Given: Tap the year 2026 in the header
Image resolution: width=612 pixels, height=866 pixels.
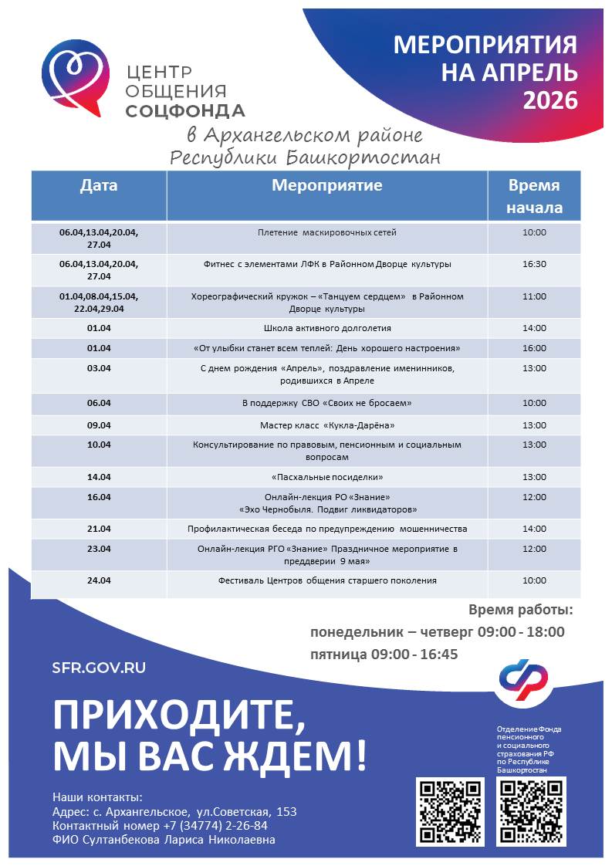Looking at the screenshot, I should point(550,100).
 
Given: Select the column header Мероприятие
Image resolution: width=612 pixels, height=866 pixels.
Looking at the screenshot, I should point(326,186).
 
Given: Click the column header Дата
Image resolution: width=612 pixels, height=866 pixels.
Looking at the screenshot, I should point(99,186).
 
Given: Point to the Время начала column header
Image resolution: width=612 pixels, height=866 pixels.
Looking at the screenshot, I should point(534,197).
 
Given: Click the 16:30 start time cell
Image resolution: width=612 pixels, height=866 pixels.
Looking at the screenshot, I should point(534,264).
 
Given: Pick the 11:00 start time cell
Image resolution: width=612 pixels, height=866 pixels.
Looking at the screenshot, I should point(534,296).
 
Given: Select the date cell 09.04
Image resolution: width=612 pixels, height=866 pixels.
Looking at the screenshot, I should point(99,425).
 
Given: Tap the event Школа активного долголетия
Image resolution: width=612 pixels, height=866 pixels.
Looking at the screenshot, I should point(326,328).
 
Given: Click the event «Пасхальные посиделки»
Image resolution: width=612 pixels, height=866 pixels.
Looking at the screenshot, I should point(326,477).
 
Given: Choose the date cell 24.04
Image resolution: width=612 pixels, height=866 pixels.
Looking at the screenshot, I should point(99,580).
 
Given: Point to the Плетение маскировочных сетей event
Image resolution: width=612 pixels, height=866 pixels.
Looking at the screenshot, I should point(326,232).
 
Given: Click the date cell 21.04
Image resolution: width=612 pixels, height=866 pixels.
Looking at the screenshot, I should point(99,529).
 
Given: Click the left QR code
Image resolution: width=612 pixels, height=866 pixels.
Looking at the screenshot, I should point(450,811).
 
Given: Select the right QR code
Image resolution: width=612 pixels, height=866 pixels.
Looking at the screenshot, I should point(531,811).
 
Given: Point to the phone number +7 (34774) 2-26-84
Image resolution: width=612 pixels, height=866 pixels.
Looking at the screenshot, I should point(215,826).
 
